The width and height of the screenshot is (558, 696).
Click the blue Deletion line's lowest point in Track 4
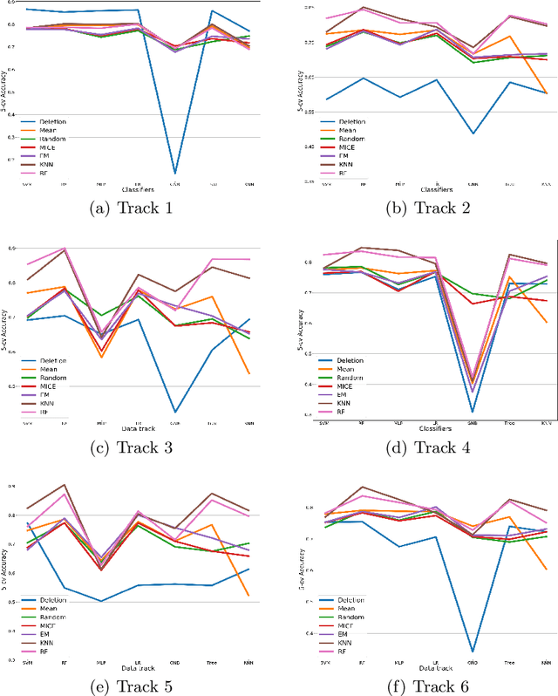[472, 412]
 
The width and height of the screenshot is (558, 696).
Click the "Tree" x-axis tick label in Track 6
[509, 665]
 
